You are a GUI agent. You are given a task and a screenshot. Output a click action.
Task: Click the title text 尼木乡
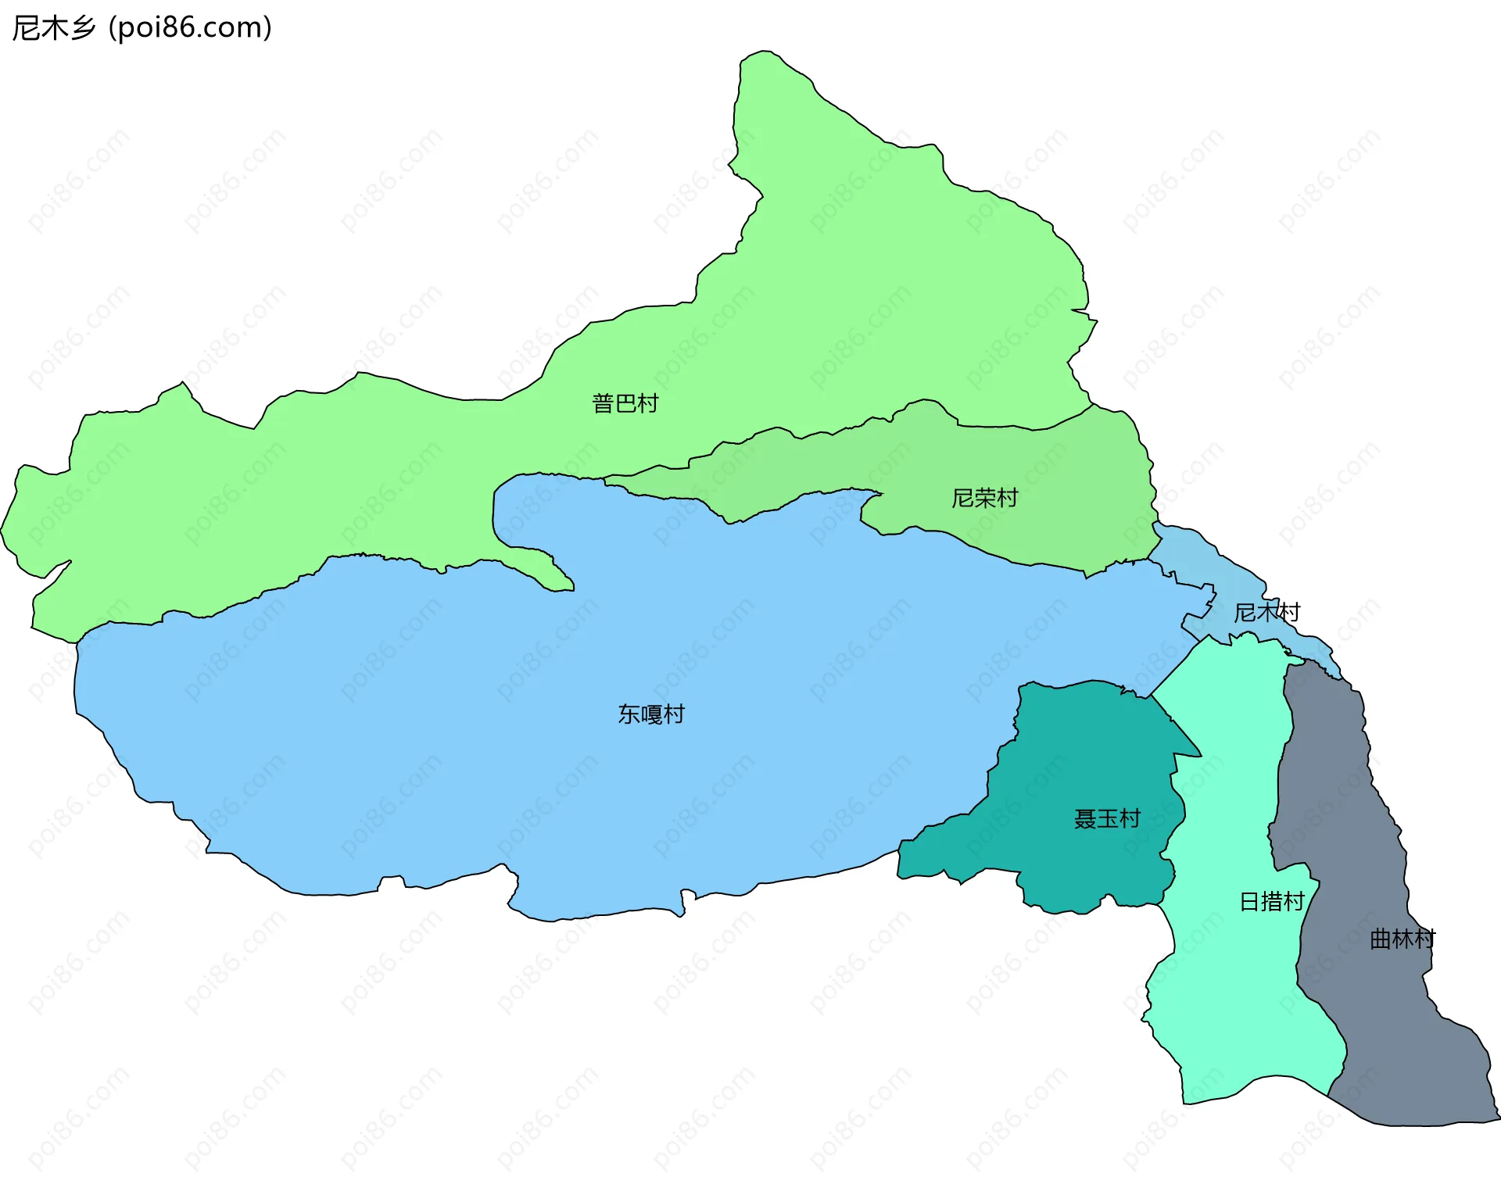pyautogui.click(x=53, y=27)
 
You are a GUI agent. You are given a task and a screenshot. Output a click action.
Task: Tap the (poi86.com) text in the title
pyautogui.click(x=190, y=27)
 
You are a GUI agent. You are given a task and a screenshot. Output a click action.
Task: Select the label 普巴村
pyautogui.click(x=625, y=403)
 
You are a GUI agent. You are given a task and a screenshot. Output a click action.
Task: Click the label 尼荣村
pyautogui.click(x=984, y=498)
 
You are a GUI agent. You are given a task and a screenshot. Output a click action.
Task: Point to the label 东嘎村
pyautogui.click(x=650, y=714)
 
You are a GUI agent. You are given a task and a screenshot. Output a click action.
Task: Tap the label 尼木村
pyautogui.click(x=1266, y=612)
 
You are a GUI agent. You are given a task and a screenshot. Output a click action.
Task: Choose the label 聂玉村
pyautogui.click(x=1106, y=818)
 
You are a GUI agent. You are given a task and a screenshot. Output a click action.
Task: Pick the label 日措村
pyautogui.click(x=1272, y=901)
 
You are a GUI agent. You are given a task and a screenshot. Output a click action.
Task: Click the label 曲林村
pyautogui.click(x=1402, y=939)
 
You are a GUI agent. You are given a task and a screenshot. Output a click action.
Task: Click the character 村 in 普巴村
pyautogui.click(x=647, y=403)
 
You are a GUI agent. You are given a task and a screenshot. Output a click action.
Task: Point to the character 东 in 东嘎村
pyautogui.click(x=629, y=714)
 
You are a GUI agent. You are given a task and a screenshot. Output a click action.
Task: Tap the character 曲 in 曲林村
pyautogui.click(x=1381, y=939)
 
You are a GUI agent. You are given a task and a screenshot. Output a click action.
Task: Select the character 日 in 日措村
pyautogui.click(x=1250, y=901)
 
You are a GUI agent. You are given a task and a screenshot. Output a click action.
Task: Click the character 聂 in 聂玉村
pyautogui.click(x=1084, y=818)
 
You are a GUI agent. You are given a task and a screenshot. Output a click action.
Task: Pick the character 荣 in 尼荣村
pyautogui.click(x=984, y=498)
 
